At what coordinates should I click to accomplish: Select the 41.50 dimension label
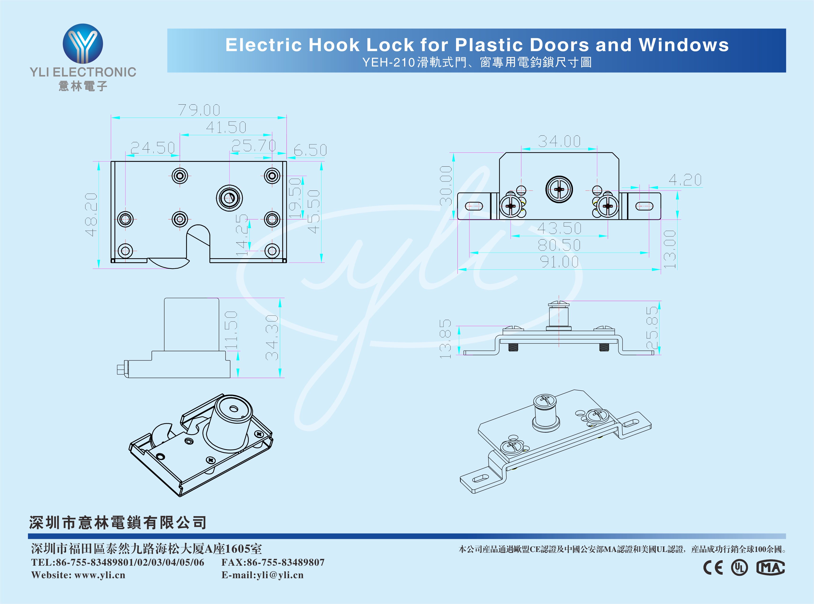point(226,127)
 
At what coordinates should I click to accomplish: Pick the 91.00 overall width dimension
point(559,262)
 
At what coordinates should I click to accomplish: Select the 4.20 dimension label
point(685,180)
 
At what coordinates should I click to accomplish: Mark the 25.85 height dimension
point(652,328)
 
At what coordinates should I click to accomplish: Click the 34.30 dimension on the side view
point(272,338)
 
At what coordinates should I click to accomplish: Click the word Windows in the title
point(684,45)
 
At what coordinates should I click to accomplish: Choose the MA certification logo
point(770,568)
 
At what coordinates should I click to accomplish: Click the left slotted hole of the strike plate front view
point(474,206)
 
